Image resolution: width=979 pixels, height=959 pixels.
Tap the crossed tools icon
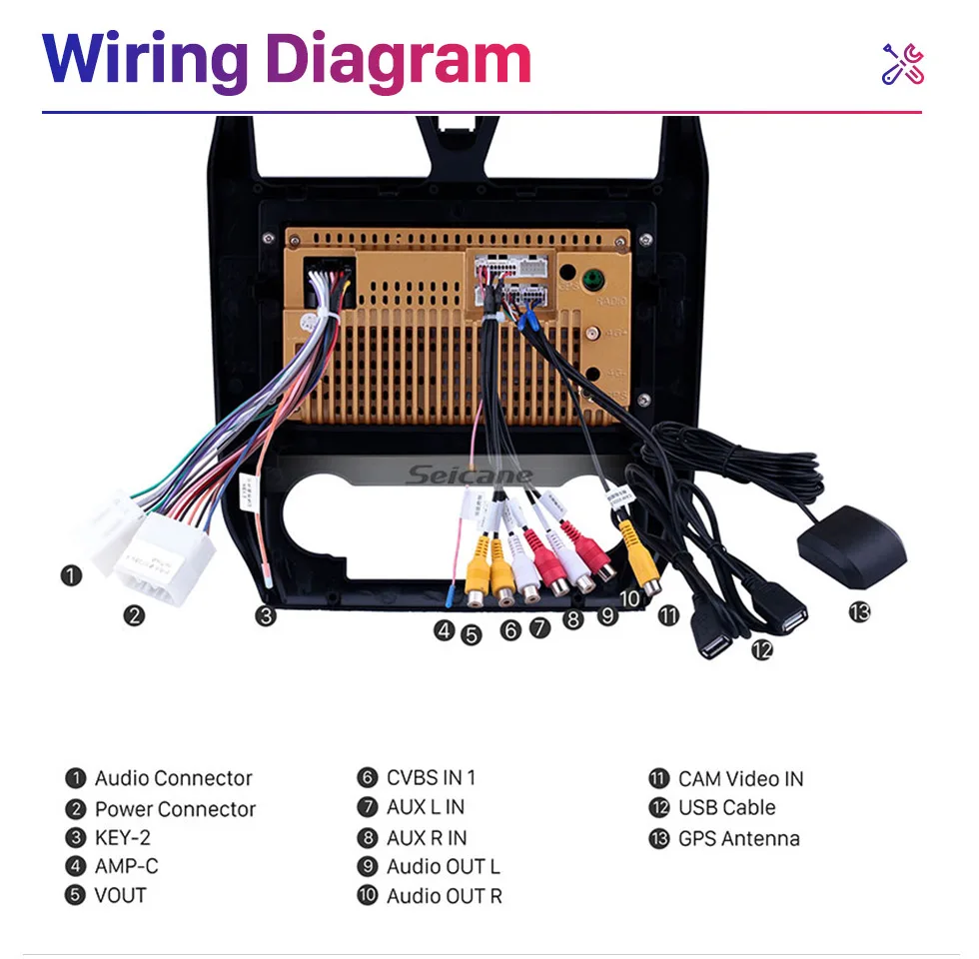click(x=902, y=64)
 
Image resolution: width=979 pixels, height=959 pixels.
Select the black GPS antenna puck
click(x=851, y=546)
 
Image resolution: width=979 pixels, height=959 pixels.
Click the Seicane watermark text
click(x=470, y=476)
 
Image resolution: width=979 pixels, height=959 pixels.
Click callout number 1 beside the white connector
click(x=71, y=575)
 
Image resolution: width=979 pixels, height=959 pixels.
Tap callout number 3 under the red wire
click(x=265, y=615)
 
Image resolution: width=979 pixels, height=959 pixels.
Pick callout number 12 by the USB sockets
click(x=762, y=649)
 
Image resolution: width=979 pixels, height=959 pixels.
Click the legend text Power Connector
click(x=175, y=809)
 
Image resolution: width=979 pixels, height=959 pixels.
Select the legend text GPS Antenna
click(x=738, y=838)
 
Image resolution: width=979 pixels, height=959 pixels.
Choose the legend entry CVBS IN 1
click(x=431, y=777)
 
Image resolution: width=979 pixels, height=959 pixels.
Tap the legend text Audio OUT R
click(x=444, y=896)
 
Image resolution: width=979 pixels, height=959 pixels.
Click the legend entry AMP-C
click(x=126, y=866)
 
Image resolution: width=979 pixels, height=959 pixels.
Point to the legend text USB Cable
click(x=726, y=807)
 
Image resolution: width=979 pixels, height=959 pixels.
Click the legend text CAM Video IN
click(x=740, y=778)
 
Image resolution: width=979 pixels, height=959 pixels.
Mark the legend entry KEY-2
click(x=122, y=837)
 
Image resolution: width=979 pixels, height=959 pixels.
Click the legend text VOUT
click(x=120, y=895)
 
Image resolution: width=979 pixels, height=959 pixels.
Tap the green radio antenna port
click(x=595, y=278)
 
